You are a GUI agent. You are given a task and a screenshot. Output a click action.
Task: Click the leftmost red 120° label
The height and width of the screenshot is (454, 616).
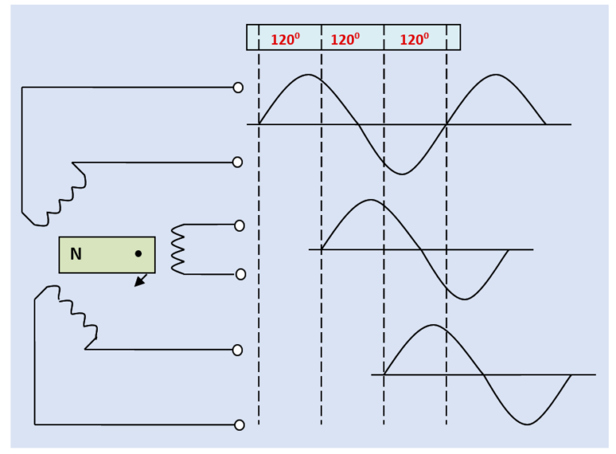click(285, 39)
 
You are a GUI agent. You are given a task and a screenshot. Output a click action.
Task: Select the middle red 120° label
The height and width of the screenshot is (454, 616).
click(345, 39)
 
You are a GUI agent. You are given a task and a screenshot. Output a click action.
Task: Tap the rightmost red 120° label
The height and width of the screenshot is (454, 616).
click(414, 39)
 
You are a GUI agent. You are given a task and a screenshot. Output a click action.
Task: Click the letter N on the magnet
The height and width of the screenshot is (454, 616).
click(75, 254)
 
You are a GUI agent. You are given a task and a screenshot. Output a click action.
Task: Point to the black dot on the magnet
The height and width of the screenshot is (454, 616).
click(138, 253)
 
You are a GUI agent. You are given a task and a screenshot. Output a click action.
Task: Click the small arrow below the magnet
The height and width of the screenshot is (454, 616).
click(140, 281)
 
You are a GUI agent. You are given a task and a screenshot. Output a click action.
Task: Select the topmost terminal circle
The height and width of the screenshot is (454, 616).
click(238, 87)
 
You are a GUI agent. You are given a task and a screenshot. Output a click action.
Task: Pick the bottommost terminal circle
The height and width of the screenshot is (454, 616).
click(239, 425)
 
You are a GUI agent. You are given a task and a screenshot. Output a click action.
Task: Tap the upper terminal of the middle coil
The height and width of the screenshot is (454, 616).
click(239, 225)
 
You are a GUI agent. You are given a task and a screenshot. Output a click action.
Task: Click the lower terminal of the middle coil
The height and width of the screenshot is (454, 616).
click(241, 274)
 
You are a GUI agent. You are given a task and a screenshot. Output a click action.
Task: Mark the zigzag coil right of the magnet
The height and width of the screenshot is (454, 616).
click(178, 249)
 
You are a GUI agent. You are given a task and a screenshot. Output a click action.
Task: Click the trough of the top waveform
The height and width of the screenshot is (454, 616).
click(403, 173)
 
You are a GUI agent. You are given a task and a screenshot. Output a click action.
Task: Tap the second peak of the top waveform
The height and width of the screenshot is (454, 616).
click(496, 75)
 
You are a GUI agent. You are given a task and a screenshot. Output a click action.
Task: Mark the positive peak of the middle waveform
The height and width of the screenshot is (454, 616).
click(370, 200)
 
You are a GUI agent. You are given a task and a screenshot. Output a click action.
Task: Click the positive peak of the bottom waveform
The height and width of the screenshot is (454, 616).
click(433, 325)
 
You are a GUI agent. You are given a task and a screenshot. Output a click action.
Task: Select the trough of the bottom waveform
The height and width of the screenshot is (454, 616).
click(527, 424)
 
